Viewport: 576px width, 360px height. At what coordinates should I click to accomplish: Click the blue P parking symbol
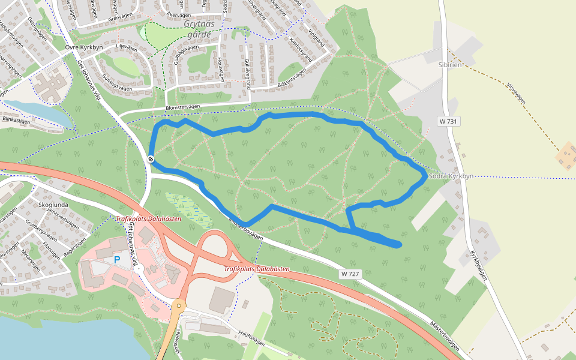click(117, 260)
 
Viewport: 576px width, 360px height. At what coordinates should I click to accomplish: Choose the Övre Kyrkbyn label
click(85, 46)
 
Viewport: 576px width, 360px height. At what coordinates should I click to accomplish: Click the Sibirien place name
click(449, 65)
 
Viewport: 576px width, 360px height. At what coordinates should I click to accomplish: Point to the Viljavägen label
click(515, 93)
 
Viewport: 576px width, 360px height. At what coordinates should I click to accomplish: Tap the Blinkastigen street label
click(16, 120)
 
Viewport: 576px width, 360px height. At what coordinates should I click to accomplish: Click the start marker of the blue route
click(151, 159)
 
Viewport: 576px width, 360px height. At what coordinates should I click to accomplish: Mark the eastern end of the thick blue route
click(398, 244)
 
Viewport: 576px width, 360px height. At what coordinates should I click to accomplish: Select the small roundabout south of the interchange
click(179, 306)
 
